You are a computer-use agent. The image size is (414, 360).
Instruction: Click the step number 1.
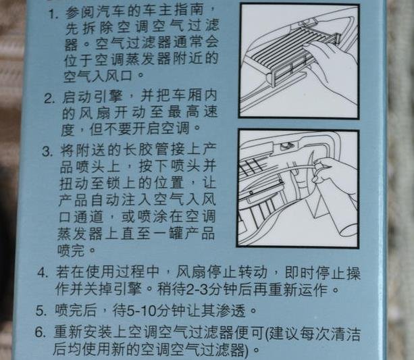click(x=53, y=14)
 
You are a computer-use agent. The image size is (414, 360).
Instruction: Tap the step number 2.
click(x=49, y=99)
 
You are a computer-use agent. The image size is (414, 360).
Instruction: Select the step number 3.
click(x=47, y=151)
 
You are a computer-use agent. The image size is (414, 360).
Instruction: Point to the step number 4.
click(x=43, y=272)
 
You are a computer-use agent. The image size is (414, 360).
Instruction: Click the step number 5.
click(x=41, y=311)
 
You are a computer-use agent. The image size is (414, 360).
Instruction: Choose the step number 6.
click(x=41, y=332)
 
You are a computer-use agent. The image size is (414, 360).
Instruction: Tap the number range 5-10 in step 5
click(x=142, y=311)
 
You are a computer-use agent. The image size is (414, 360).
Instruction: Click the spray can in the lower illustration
click(x=334, y=206)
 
